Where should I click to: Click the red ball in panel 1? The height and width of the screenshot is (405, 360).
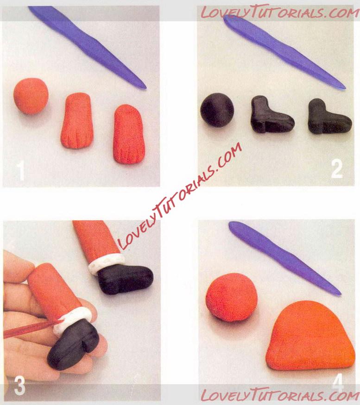tap(31, 96)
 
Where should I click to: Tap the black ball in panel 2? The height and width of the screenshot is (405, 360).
tap(217, 110)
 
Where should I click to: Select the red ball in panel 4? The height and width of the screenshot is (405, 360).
tap(232, 297)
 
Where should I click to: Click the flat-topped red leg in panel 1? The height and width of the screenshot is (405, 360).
tap(77, 121)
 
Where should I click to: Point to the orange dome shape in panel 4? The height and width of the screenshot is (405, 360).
tap(310, 336)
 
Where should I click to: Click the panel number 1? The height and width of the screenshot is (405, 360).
tap(20, 171)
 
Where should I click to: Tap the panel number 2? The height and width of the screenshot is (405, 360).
tap(337, 169)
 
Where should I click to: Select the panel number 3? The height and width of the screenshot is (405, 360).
tap(19, 386)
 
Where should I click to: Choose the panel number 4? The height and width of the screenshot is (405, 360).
tap(338, 382)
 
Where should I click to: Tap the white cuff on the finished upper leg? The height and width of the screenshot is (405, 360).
tap(106, 263)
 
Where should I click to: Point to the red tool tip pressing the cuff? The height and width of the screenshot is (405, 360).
tap(59, 321)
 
